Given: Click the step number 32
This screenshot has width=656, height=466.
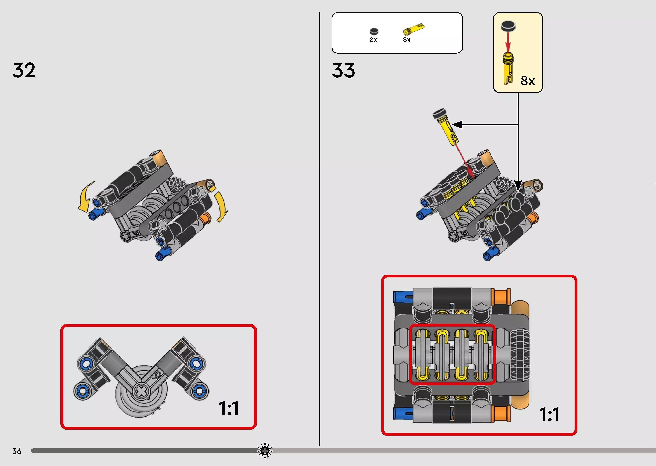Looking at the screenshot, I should pyautogui.click(x=24, y=70).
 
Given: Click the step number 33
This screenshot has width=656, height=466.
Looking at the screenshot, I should pyautogui.click(x=344, y=70).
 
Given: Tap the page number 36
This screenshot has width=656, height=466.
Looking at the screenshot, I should pyautogui.click(x=17, y=451).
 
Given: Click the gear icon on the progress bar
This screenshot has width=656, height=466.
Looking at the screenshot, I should pyautogui.click(x=265, y=451).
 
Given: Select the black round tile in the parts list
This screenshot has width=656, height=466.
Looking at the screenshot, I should pyautogui.click(x=374, y=31).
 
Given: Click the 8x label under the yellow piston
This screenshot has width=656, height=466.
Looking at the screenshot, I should pyautogui.click(x=406, y=40).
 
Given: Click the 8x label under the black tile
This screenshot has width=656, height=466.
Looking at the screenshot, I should pyautogui.click(x=373, y=40).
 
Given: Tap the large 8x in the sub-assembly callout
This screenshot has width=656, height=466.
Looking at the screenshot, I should pyautogui.click(x=528, y=81).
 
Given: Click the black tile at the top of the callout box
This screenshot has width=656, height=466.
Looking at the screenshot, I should pyautogui.click(x=508, y=26).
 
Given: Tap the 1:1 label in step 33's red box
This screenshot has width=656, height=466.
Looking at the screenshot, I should pyautogui.click(x=549, y=414).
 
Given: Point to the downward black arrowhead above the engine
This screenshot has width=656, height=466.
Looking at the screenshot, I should pyautogui.click(x=518, y=185).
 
